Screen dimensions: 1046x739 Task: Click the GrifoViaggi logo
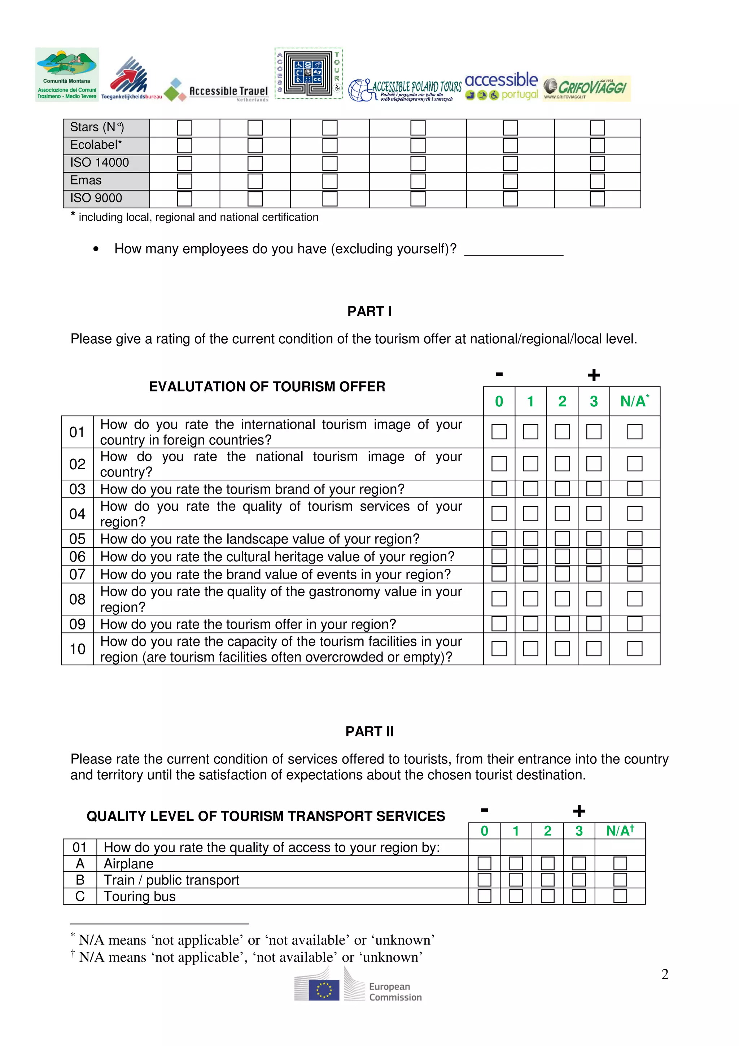click(x=586, y=88)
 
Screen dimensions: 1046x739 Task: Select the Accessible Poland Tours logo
click(x=405, y=90)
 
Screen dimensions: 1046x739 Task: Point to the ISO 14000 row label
click(x=99, y=163)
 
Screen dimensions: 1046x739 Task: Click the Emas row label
click(x=86, y=180)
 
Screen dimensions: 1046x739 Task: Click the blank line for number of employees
click(x=513, y=250)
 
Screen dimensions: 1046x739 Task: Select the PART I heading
click(x=369, y=311)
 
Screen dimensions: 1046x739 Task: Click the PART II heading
click(x=369, y=731)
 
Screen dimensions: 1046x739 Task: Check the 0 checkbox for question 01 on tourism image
click(x=499, y=431)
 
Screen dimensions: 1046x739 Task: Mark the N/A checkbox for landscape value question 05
click(x=634, y=539)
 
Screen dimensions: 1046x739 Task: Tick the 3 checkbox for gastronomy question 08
click(x=593, y=599)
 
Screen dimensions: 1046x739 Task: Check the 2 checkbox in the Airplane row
click(x=547, y=863)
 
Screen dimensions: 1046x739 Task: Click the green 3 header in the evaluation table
click(x=593, y=401)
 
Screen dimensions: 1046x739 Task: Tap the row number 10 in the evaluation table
click(x=78, y=649)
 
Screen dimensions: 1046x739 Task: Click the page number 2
click(x=665, y=974)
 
